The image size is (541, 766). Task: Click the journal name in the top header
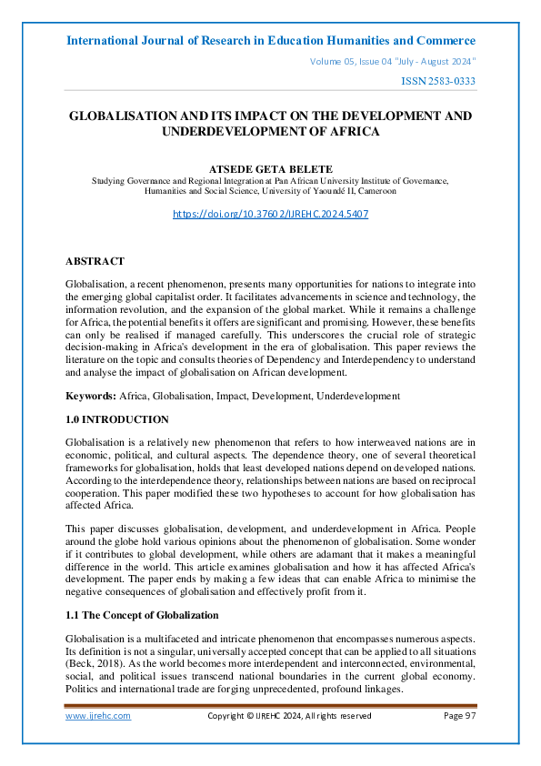coord(271,41)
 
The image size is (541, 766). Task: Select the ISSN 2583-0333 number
coord(438,82)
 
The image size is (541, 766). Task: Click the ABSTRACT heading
coord(95,261)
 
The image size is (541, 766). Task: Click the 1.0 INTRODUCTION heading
coord(117,419)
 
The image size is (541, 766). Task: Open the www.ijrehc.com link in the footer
coord(98,716)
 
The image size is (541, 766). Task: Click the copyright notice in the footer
coord(289,716)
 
